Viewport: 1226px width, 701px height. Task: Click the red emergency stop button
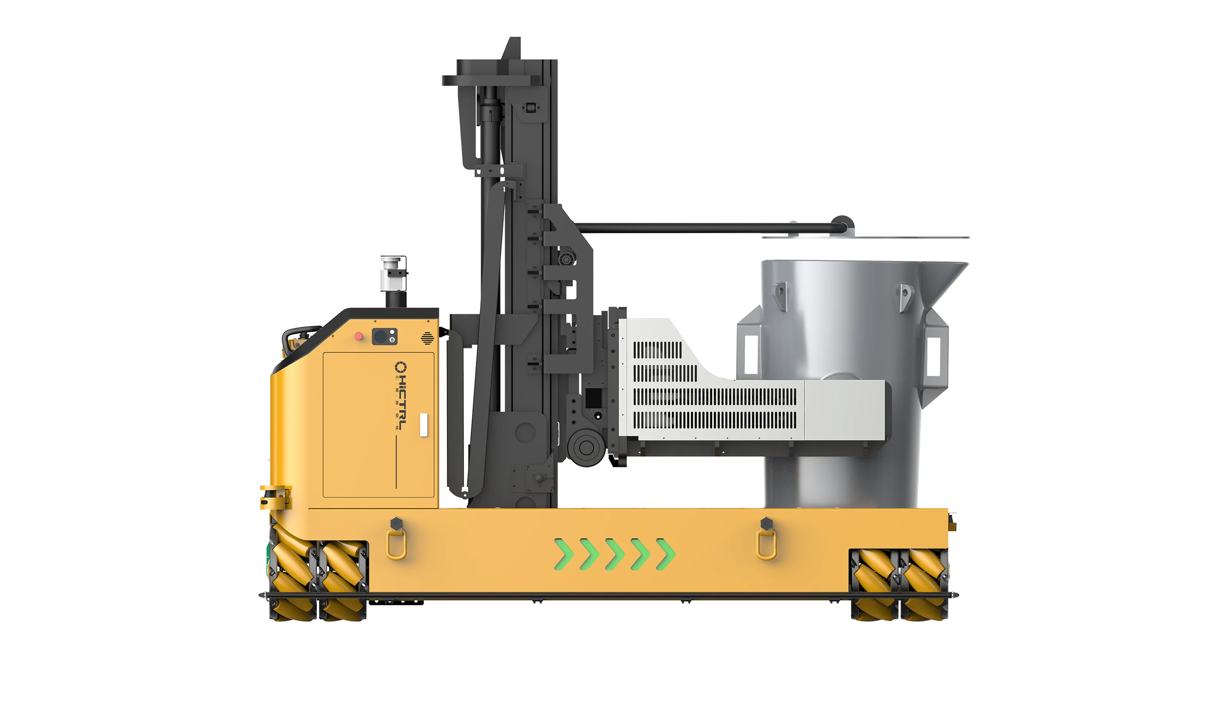(x=358, y=336)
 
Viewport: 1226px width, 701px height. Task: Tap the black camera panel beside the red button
(x=384, y=336)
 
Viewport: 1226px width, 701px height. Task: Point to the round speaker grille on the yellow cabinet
(x=427, y=338)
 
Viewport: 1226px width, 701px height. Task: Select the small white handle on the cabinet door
(x=423, y=425)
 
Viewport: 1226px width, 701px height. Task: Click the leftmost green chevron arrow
(x=564, y=554)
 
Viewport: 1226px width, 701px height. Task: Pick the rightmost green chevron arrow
(x=665, y=554)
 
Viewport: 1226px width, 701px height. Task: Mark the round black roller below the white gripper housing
(x=586, y=447)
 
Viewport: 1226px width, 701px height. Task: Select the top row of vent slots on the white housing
(x=657, y=350)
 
